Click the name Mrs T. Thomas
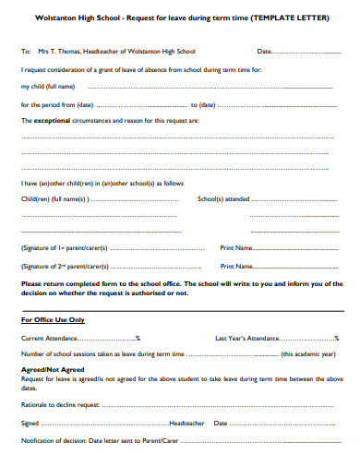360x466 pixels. tap(62, 52)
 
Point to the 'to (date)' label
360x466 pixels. tap(203, 104)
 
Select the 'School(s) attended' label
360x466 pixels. tap(224, 199)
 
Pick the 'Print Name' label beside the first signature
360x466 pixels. tap(236, 248)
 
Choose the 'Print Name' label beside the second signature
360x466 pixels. tap(236, 266)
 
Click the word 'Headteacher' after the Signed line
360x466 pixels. tap(188, 423)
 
